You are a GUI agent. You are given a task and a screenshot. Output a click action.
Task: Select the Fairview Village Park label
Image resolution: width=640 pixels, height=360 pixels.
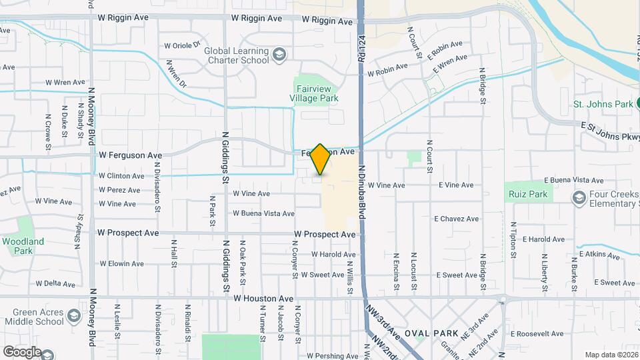click(316, 93)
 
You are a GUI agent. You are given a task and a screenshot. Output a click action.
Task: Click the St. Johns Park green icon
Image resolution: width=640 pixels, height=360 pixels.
click(637, 103)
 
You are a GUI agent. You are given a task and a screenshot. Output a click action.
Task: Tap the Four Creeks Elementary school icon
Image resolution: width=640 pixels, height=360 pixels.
click(578, 197)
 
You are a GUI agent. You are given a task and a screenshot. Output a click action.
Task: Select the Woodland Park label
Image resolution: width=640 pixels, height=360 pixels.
click(23, 246)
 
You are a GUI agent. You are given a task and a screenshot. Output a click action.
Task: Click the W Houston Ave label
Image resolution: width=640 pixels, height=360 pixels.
click(263, 299)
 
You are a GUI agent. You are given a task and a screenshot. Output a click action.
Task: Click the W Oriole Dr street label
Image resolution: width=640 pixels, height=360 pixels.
click(182, 46)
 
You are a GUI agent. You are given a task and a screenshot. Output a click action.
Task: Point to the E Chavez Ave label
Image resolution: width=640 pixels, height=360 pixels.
click(456, 219)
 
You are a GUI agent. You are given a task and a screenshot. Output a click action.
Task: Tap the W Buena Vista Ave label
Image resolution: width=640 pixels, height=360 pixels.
click(263, 213)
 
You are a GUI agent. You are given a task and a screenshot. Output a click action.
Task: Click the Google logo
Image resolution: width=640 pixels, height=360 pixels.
click(22, 351)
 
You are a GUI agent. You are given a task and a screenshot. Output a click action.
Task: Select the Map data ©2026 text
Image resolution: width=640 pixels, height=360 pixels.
click(611, 355)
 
